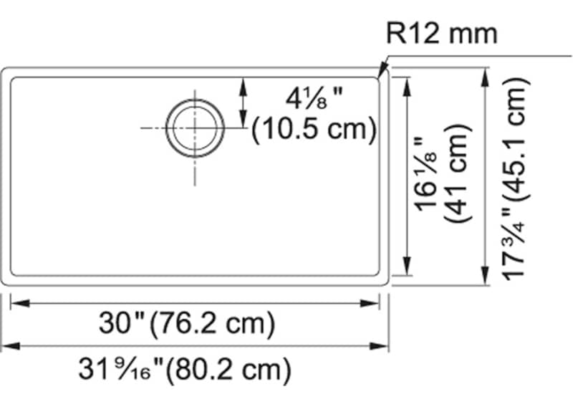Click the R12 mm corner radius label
[x=441, y=33]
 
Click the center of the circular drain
[x=194, y=128]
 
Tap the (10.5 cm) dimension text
[x=314, y=129]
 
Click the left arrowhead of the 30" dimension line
[x=19, y=304]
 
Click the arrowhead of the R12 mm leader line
[x=382, y=72]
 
